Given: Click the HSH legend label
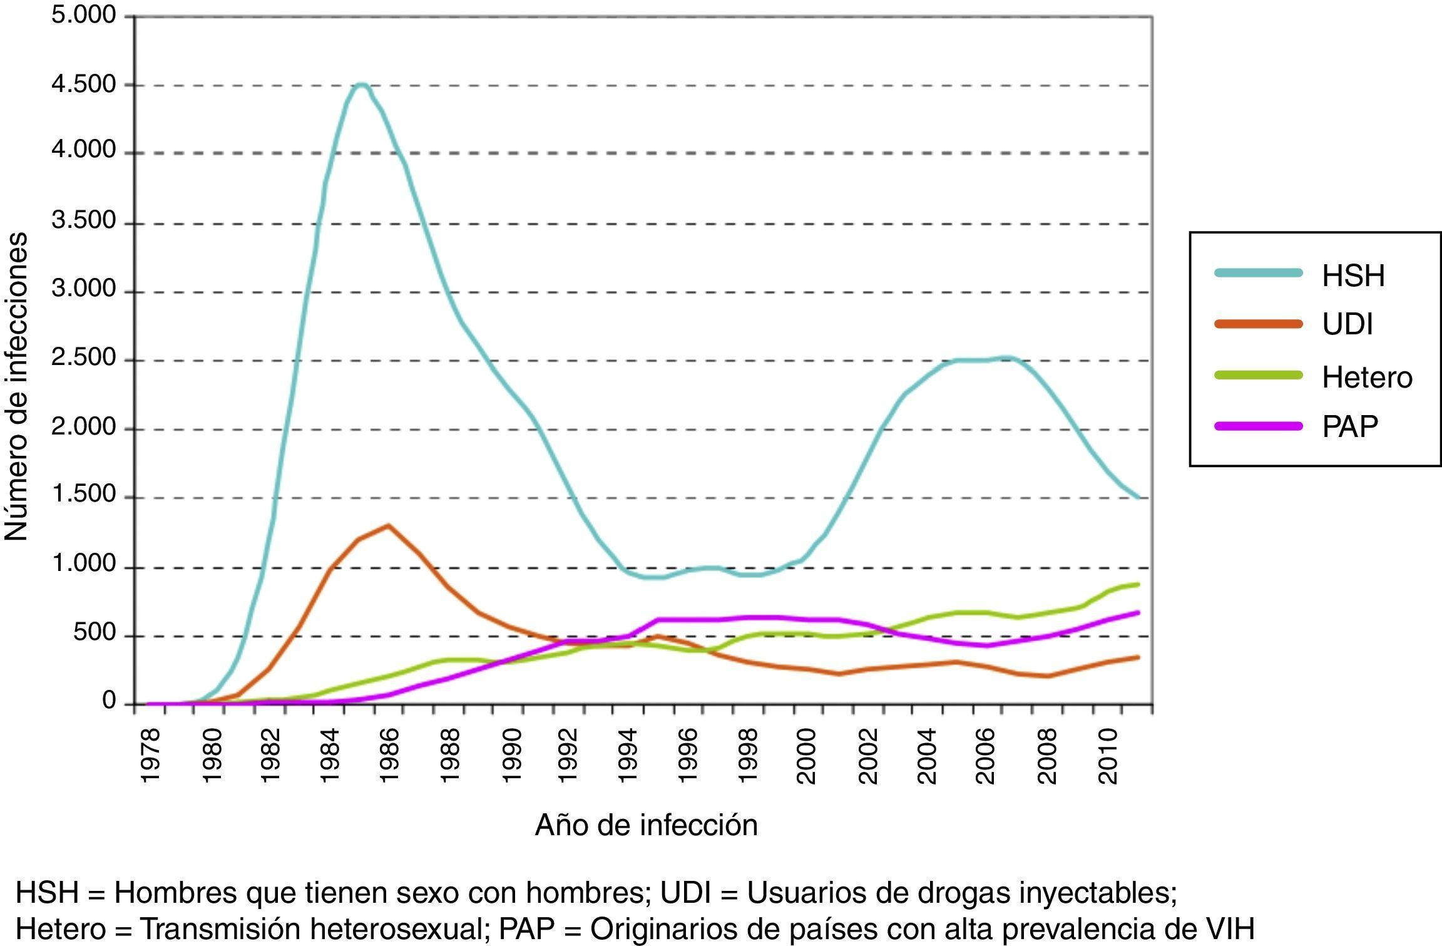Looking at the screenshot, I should pos(1353,275).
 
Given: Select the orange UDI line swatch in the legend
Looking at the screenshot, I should pos(1259,324).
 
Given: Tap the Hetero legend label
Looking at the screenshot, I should pos(1367,377).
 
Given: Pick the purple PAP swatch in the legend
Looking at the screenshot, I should pos(1259,426).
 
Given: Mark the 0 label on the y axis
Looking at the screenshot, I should pos(109,701).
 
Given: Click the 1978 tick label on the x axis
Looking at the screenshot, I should pos(150,755).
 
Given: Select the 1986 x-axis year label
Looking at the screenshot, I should pos(389,755).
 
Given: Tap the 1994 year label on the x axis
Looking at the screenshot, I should pos(628,755).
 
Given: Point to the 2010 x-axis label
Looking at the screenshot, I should pos(1108,755).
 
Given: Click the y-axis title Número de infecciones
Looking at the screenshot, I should pos(16,386).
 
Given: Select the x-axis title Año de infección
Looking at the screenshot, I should pos(646,825).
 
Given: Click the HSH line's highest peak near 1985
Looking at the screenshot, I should pos(361,85).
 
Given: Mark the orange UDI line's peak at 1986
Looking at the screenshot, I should pos(389,525).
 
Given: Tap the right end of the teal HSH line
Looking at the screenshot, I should pos(1138,498).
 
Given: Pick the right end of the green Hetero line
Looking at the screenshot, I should pos(1138,584).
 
